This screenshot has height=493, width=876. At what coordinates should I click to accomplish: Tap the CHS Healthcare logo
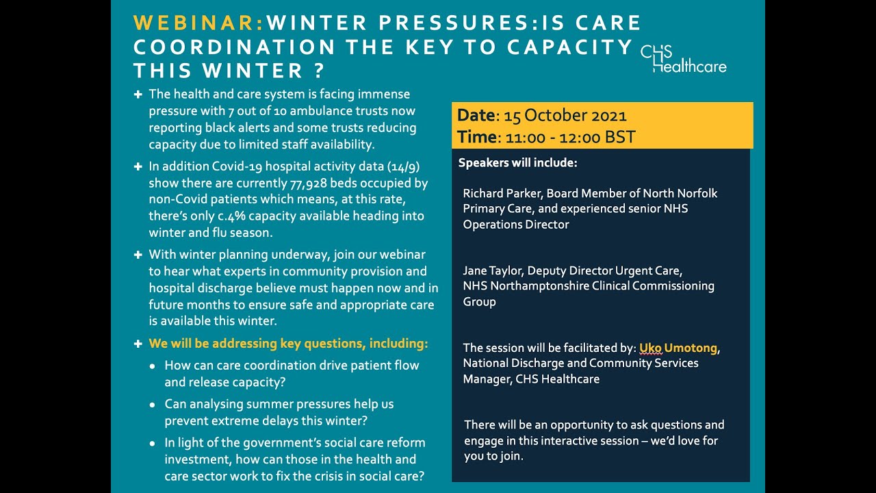click(x=683, y=59)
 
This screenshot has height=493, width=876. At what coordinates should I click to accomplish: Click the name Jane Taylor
click(x=491, y=270)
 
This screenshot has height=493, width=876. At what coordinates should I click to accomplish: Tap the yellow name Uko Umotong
click(x=678, y=348)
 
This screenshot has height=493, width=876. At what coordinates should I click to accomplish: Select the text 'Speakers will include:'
click(x=517, y=163)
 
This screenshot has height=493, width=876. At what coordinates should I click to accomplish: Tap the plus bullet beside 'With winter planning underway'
click(x=138, y=254)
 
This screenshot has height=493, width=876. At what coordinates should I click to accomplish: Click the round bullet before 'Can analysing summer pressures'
click(x=152, y=405)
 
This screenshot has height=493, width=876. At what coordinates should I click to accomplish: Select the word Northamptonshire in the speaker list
click(x=540, y=286)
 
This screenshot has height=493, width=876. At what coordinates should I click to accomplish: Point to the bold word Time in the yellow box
click(x=476, y=137)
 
